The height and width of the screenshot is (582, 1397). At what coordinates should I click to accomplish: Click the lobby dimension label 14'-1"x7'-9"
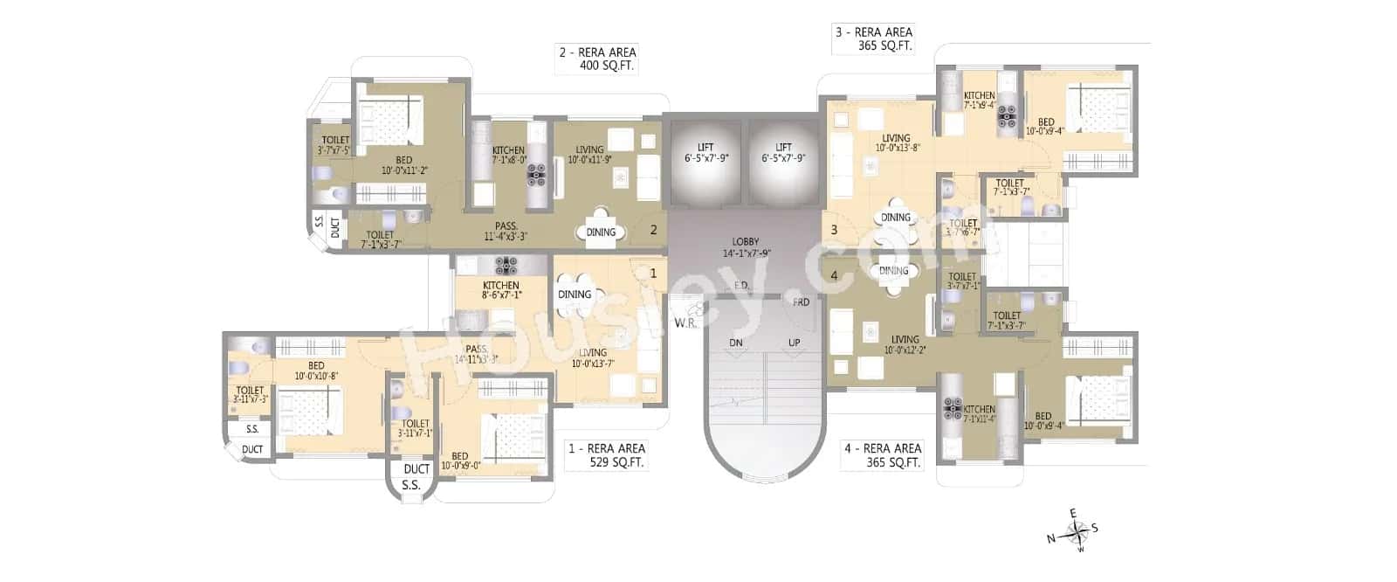coord(746,253)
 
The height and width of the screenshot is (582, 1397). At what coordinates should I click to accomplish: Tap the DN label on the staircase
coord(736,343)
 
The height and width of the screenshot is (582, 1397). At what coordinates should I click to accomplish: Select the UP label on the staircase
coord(794,343)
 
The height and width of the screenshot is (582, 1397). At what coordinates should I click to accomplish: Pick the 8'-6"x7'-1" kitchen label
coord(501,295)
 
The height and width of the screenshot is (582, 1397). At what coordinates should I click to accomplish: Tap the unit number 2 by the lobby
coord(653,231)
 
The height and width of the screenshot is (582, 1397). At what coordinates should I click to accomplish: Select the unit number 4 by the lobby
coord(834,275)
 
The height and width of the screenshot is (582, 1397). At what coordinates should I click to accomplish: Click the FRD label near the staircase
coord(801,302)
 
